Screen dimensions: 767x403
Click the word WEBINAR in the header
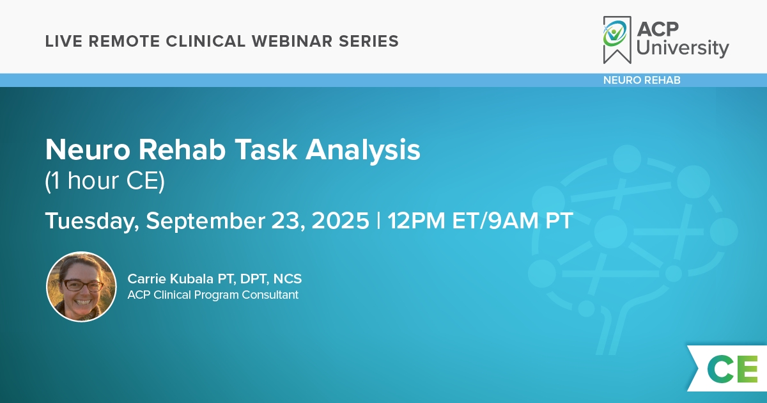pyautogui.click(x=292, y=41)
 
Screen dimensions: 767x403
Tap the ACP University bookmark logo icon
pyautogui.click(x=617, y=40)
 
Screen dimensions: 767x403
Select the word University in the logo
pyautogui.click(x=683, y=49)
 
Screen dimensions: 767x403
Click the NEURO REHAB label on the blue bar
pyautogui.click(x=642, y=80)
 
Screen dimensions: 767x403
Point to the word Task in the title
pyautogui.click(x=266, y=150)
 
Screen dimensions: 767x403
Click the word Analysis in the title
pyautogui.click(x=363, y=150)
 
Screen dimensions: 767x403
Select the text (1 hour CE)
pyautogui.click(x=105, y=180)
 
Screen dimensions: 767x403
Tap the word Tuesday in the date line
pyautogui.click(x=92, y=221)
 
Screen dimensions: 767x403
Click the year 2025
pyautogui.click(x=340, y=221)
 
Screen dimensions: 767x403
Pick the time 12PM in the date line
pyautogui.click(x=416, y=221)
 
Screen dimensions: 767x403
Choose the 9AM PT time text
pyautogui.click(x=531, y=221)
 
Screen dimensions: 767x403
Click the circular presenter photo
pyautogui.click(x=82, y=287)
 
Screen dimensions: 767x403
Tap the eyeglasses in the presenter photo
pyautogui.click(x=82, y=285)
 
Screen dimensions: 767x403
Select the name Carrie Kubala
pyautogui.click(x=171, y=279)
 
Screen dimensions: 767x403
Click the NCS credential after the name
pyautogui.click(x=288, y=279)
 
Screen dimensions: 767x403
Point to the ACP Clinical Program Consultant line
pyautogui.click(x=213, y=295)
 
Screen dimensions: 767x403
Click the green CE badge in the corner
pyautogui.click(x=732, y=369)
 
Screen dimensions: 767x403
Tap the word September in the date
pyautogui.click(x=205, y=221)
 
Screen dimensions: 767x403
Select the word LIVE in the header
pyautogui.click(x=64, y=41)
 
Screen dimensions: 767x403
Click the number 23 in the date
pyautogui.click(x=288, y=221)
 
